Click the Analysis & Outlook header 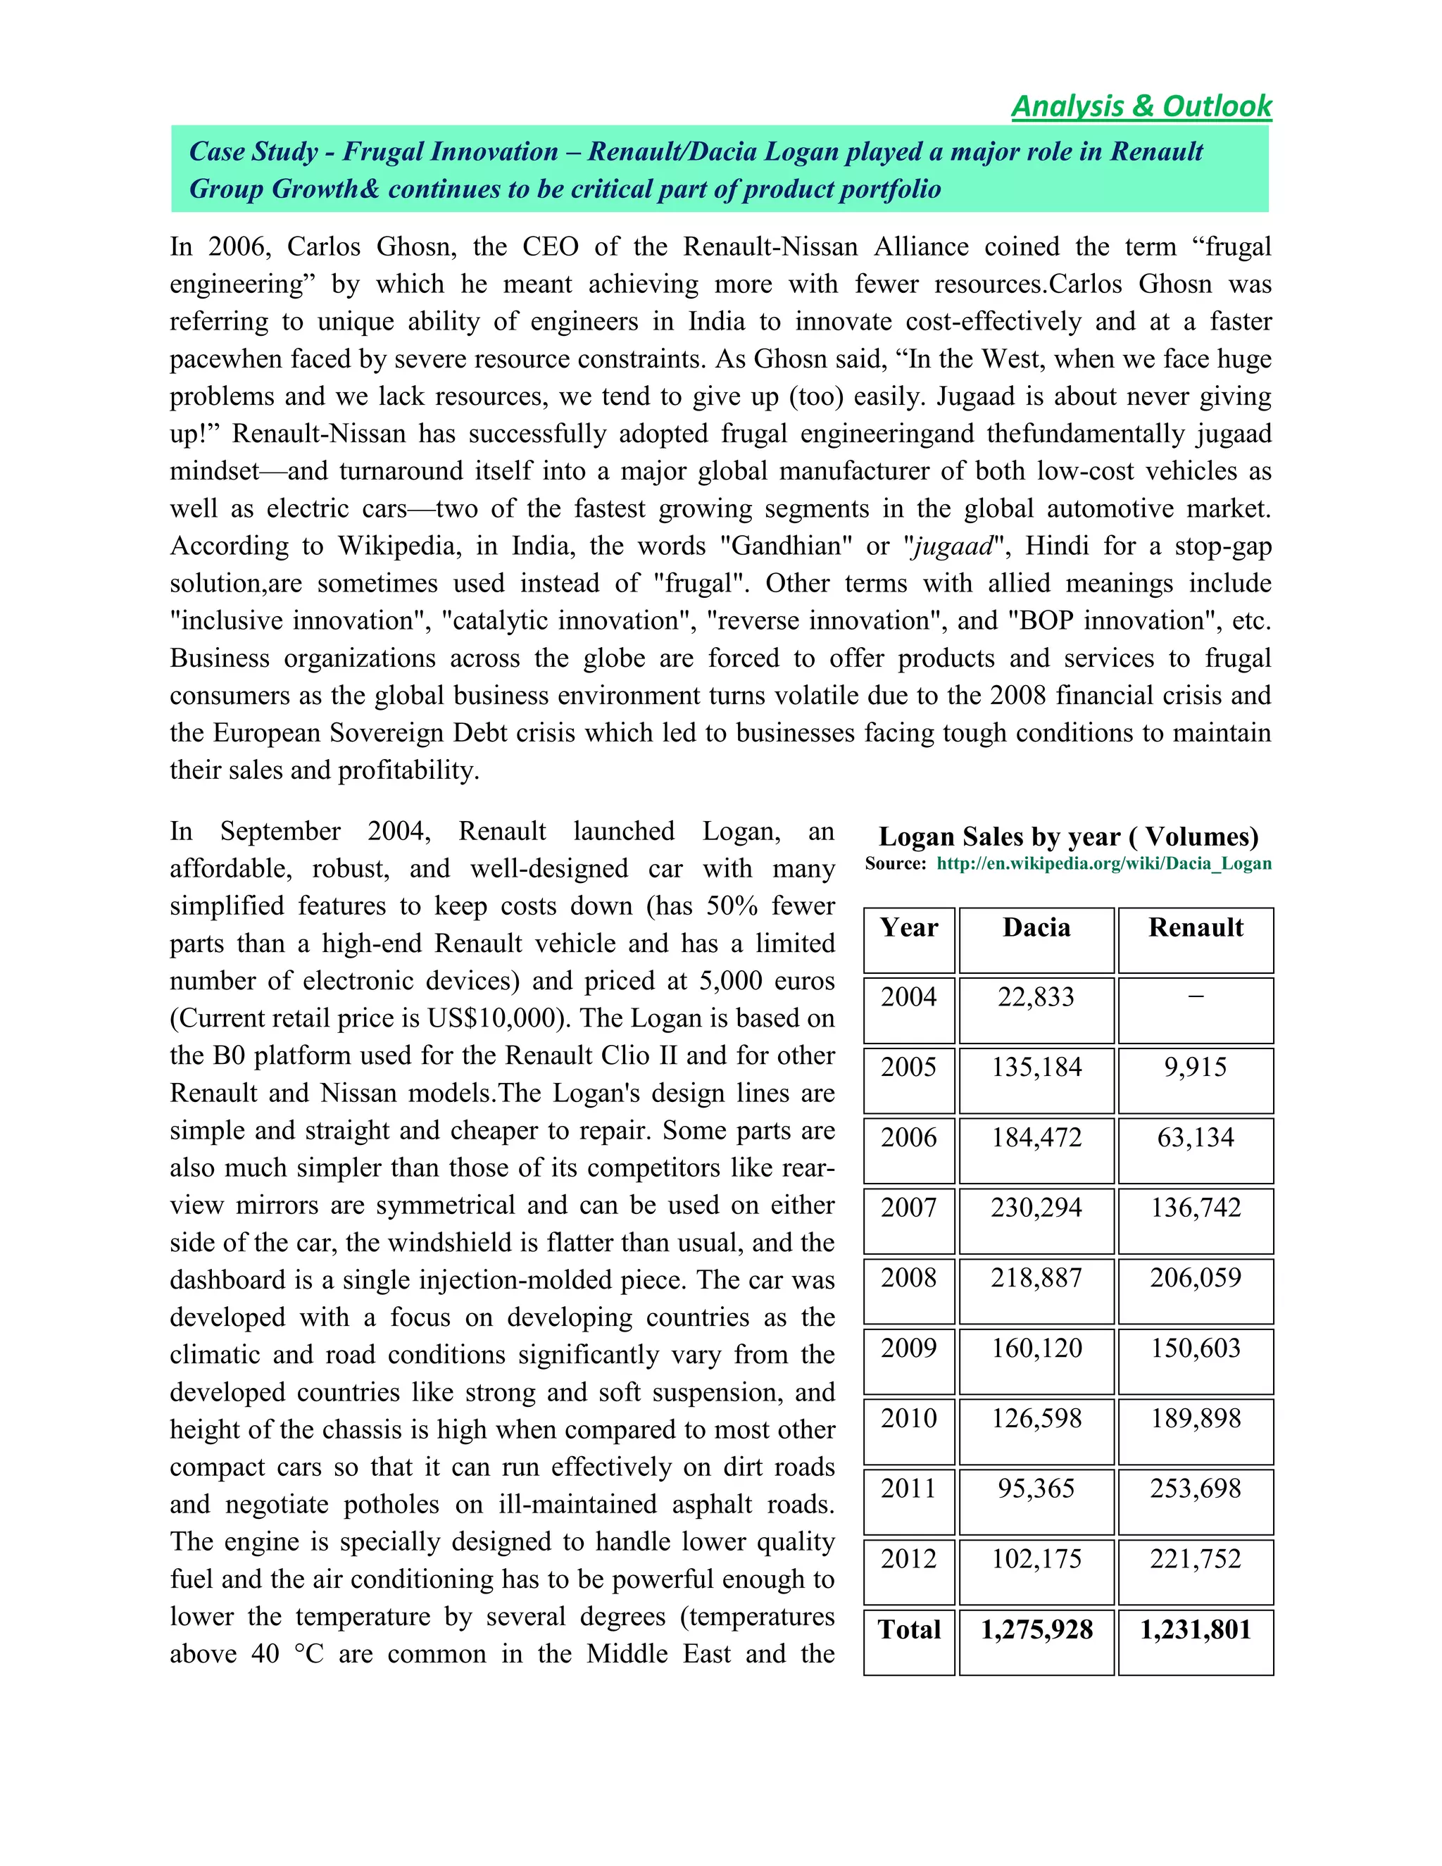(x=1141, y=106)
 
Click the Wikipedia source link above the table (x=1104, y=863)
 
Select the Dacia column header (x=1036, y=928)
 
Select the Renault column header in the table (x=1195, y=928)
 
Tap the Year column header (x=909, y=928)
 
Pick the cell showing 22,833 (x=1036, y=997)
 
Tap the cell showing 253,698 (x=1195, y=1489)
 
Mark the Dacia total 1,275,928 (x=1036, y=1629)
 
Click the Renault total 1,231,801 (x=1195, y=1629)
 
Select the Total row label (x=909, y=1629)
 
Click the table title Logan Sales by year (x=1068, y=836)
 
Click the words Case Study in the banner (x=253, y=152)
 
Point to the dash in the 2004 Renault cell (x=1195, y=996)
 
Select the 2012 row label (x=909, y=1558)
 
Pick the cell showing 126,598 (x=1036, y=1418)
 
